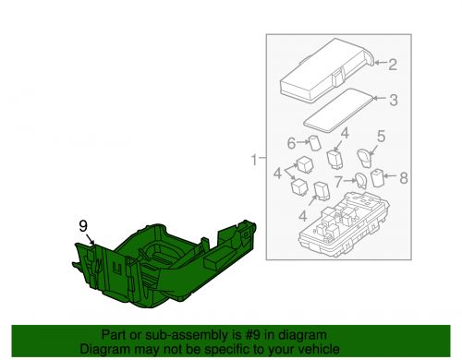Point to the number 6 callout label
coord(289,143)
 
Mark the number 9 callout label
coord(83,224)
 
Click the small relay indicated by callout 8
coord(377,177)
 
